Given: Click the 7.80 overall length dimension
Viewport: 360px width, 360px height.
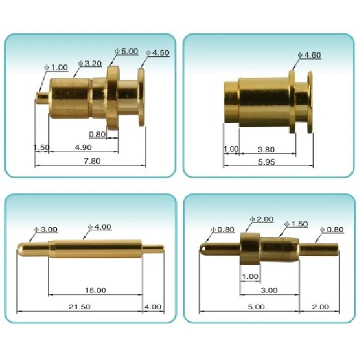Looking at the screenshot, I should pyautogui.click(x=93, y=161).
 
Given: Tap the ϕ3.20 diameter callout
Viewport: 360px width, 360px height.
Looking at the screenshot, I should pyautogui.click(x=89, y=64).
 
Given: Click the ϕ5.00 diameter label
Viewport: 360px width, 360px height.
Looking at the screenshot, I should pyautogui.click(x=127, y=52).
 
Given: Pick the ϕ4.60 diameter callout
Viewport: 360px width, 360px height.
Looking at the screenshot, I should pyautogui.click(x=310, y=55).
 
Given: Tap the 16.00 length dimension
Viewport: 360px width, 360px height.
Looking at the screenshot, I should pyautogui.click(x=95, y=290).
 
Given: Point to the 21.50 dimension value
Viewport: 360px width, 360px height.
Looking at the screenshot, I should pyautogui.click(x=79, y=307).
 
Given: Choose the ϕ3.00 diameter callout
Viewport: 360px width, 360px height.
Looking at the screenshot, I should pyautogui.click(x=46, y=229).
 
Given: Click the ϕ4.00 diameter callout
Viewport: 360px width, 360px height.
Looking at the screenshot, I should pyautogui.click(x=99, y=227).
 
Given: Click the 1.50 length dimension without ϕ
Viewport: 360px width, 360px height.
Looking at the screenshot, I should pyautogui.click(x=41, y=148).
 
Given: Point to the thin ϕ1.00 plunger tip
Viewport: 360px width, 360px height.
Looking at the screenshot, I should pyautogui.click(x=42, y=96).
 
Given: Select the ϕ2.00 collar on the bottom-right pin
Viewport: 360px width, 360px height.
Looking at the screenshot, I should pyautogui.click(x=250, y=248).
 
